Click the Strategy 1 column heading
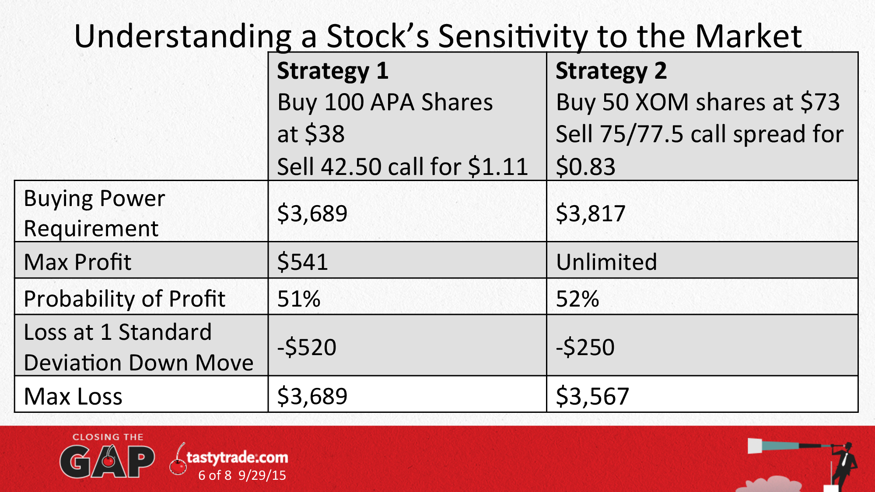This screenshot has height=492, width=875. pos(332,71)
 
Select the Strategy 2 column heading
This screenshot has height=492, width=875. pos(611,71)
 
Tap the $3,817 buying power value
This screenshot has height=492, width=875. pos(591,213)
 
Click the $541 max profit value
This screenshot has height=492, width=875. pos(303,262)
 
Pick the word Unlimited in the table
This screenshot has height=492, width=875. pos(606,262)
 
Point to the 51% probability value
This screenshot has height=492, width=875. pos(299,299)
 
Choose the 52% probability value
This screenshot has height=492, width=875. pos(577,299)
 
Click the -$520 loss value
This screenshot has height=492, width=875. pos(307,347)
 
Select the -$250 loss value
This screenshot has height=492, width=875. pos(585,347)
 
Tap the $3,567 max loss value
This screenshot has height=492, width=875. pos(592,396)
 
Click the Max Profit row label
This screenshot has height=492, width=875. pos(77,262)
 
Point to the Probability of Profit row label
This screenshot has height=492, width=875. pos(125,299)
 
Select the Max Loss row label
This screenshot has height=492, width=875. pos(73,396)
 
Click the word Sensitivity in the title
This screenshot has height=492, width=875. pos(513,36)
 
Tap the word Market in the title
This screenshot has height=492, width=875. pos(748,36)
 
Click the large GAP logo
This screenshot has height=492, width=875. pos(107,461)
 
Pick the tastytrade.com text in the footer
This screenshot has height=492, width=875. pos(237,457)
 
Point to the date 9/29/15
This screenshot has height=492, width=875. pos(262,475)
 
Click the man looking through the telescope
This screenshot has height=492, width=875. pos(844,465)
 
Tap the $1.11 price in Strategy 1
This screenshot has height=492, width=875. pos(498,167)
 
